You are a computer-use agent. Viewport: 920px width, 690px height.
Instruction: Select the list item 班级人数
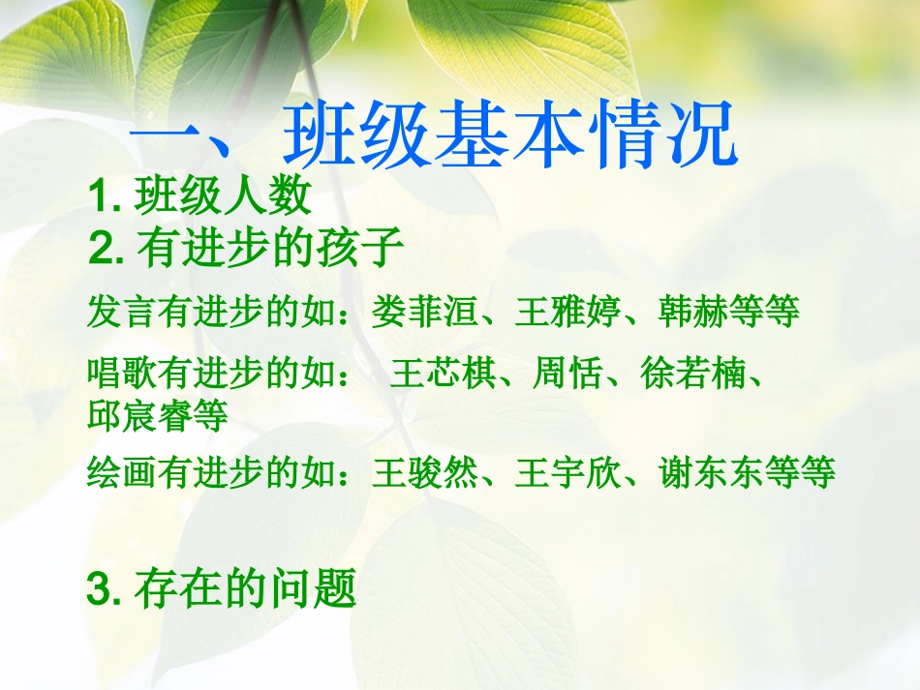224,197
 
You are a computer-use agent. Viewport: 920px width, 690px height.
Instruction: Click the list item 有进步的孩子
270,250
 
